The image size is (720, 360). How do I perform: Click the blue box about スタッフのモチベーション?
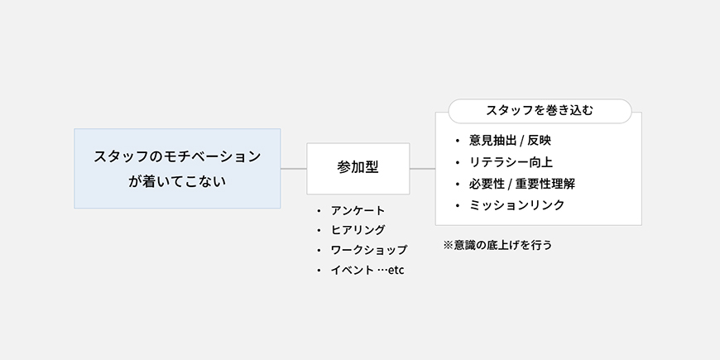pos(177,169)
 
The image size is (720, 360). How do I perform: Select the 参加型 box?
pos(358,169)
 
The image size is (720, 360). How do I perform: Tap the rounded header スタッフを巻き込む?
pos(540,111)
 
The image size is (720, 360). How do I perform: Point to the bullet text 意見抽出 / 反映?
pos(510,141)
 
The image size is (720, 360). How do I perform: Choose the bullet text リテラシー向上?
pos(511,162)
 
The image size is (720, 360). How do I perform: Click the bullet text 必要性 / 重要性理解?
pos(522,184)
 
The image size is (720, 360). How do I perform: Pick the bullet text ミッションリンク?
pos(516,204)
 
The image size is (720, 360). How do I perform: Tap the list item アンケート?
pos(358,210)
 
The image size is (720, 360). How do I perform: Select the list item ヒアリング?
pos(358,229)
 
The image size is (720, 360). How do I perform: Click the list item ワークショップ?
pos(369,250)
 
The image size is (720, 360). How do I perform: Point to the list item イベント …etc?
pos(367,270)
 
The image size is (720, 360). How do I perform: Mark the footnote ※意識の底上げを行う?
pos(497,245)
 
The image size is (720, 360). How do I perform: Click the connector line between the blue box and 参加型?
pos(294,169)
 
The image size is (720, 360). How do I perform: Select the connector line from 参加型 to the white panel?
pos(422,169)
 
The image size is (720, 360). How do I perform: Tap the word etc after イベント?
pos(396,270)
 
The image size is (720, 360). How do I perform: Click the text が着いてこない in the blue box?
pos(177,181)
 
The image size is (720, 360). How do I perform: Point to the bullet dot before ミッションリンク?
pos(458,205)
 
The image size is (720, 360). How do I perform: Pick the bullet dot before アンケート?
pos(319,211)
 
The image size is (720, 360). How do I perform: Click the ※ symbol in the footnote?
pos(449,245)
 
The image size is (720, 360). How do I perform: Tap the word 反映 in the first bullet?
pos(539,141)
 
